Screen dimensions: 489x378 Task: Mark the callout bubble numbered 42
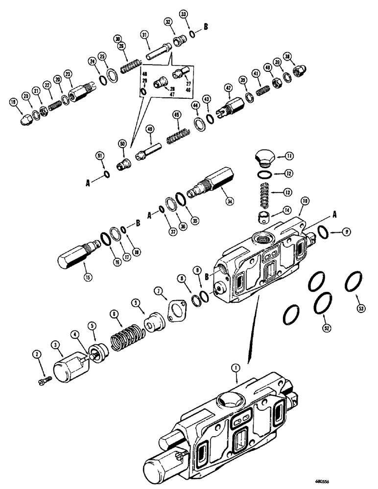click(228, 88)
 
